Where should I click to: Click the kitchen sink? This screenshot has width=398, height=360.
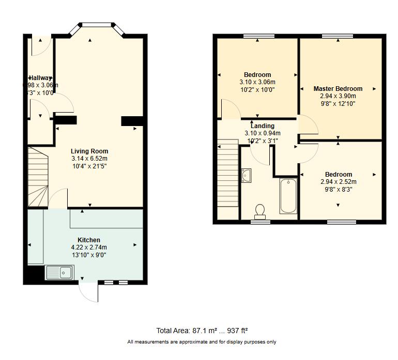tap(60, 272)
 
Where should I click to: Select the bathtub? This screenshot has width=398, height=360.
tap(288, 196)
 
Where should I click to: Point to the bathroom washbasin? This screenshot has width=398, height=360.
tap(246, 176)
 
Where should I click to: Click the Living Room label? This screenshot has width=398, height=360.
tap(89, 151)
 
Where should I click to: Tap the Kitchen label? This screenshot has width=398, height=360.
tap(89, 240)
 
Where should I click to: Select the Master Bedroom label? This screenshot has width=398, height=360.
tap(338, 89)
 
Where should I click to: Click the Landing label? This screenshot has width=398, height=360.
tap(262, 126)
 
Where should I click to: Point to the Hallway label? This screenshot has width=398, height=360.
tap(40, 78)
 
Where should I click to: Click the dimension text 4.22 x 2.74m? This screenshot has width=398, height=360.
tap(89, 247)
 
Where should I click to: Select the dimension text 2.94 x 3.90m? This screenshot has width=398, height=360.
tap(338, 96)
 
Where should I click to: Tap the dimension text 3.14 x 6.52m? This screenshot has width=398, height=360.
tap(89, 159)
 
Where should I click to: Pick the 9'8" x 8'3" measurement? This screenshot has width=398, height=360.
tap(339, 189)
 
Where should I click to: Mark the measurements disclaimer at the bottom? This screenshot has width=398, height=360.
tap(202, 342)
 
